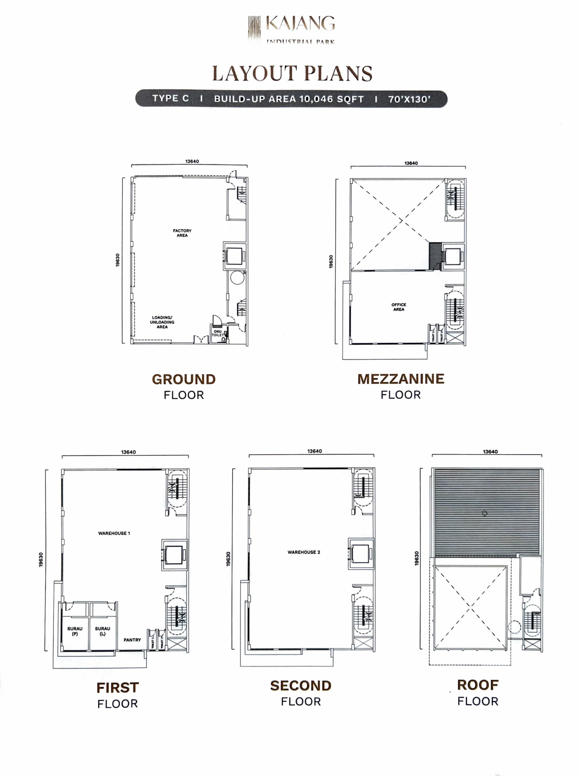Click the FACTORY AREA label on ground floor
[182, 233]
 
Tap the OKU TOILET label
[218, 333]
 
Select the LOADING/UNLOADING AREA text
[162, 322]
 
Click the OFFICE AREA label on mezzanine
[399, 307]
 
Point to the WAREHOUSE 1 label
[114, 533]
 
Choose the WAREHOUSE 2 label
[304, 552]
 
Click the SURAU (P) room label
[75, 631]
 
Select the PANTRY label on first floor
[132, 640]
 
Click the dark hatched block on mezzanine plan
[435, 256]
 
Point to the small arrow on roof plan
[485, 513]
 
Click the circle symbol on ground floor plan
[237, 278]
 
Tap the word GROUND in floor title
[184, 379]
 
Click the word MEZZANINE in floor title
[401, 379]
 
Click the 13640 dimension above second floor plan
[315, 451]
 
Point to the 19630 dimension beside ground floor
[118, 260]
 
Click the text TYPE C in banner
[171, 99]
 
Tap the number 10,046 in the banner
[316, 99]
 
